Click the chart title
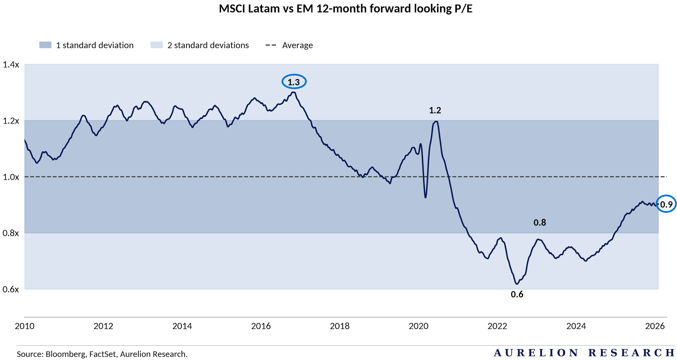(345, 9)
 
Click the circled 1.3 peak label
(294, 82)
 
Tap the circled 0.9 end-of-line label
(666, 204)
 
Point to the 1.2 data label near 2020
(435, 110)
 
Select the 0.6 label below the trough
(517, 294)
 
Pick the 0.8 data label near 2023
(540, 223)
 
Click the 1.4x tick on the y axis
(11, 64)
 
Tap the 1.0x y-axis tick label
(11, 177)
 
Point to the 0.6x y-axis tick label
(11, 289)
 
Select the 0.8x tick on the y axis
(11, 233)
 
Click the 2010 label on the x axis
(24, 326)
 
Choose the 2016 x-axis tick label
(261, 326)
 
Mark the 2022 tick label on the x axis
(497, 326)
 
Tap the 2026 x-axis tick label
(655, 326)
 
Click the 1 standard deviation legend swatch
(45, 45)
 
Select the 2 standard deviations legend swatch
(156, 45)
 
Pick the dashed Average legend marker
(271, 45)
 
